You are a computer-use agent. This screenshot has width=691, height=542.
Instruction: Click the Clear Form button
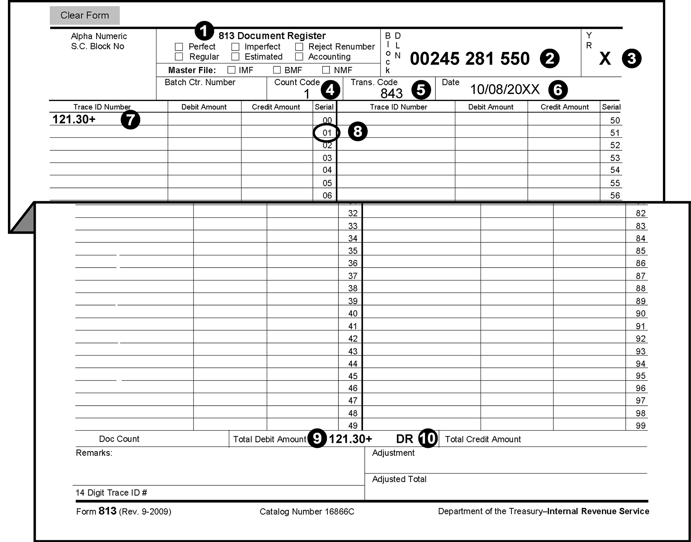click(84, 15)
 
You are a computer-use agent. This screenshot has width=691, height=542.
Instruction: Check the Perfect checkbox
click(179, 47)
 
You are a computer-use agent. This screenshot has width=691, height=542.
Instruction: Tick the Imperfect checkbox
click(235, 47)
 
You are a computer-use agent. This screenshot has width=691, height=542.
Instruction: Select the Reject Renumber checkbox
click(299, 47)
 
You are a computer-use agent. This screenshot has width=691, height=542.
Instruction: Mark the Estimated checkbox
click(235, 57)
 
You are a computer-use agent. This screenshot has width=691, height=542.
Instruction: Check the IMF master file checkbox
click(231, 70)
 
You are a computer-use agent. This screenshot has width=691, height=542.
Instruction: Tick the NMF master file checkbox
click(326, 70)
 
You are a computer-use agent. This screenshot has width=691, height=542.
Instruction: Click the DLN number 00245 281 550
click(469, 59)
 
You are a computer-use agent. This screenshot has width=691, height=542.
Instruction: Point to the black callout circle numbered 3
click(632, 59)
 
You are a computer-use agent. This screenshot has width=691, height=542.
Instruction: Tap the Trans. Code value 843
click(391, 94)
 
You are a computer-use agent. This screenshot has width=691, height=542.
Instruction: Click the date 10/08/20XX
click(505, 89)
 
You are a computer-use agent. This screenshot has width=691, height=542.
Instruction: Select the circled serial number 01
click(327, 133)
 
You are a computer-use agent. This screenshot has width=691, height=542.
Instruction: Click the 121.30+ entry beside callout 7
click(74, 119)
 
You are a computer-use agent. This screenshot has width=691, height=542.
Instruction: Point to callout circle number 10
click(428, 439)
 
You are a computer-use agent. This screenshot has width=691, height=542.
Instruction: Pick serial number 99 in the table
click(640, 426)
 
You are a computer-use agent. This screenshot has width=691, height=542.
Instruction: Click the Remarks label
click(94, 453)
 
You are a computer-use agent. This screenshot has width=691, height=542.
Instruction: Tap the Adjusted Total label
click(399, 479)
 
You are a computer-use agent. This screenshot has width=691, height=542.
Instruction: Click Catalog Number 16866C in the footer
click(307, 512)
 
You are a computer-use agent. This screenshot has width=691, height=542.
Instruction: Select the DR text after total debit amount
click(404, 439)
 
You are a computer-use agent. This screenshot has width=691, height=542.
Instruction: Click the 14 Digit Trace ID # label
click(111, 493)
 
